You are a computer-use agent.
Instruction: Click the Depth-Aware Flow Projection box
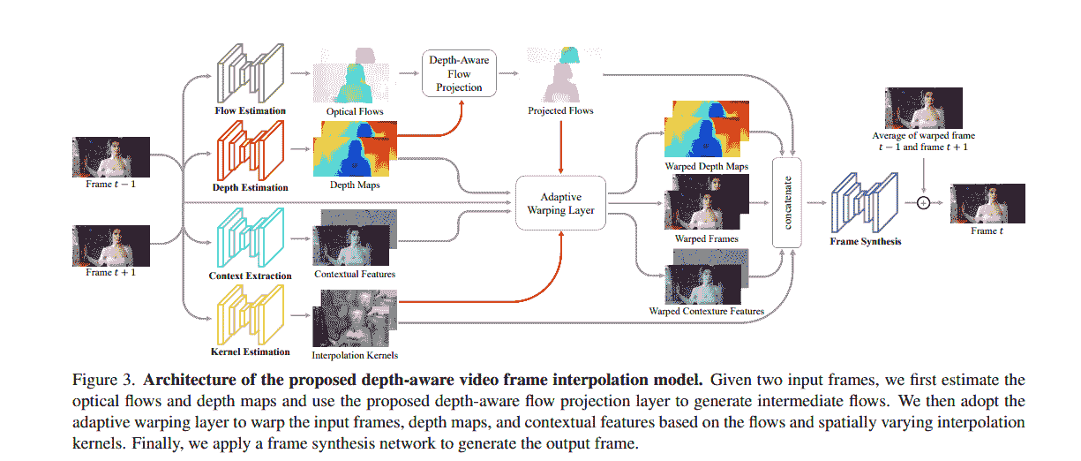[x=459, y=73]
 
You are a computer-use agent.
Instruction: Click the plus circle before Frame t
[x=924, y=202]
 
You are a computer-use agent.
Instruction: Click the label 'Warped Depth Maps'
[x=707, y=165]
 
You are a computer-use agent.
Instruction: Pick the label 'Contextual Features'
[x=355, y=274]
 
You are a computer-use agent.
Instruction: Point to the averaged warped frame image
[x=923, y=108]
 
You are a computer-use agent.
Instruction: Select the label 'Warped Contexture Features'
[x=707, y=311]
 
